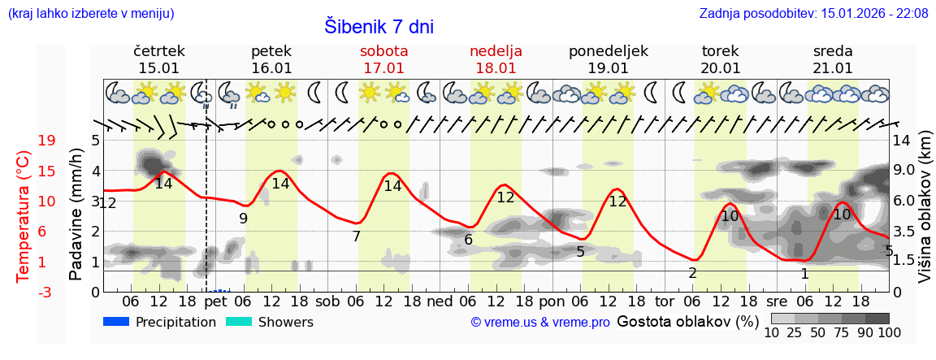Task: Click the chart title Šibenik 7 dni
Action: coord(379,26)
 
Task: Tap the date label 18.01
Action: coord(496,68)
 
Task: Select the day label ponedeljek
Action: coord(608,51)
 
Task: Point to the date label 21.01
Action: coord(833,68)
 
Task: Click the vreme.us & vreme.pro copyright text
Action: coord(540,323)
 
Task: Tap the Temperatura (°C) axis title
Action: coord(24,215)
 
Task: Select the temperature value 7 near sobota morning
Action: coord(356,236)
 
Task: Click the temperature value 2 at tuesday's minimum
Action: coord(692,273)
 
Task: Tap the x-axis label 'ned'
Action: coord(440,301)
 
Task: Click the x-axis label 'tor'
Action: coord(665,301)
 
